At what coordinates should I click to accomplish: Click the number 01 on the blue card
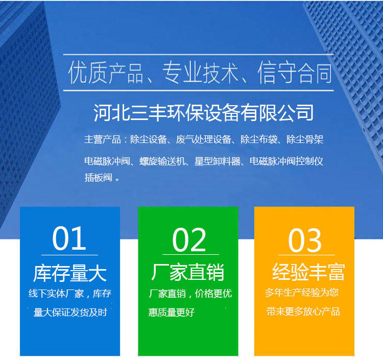69,238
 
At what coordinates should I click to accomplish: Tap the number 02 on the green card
189,239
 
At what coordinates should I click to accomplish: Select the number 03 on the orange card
304,241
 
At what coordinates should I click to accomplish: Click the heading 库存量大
70,273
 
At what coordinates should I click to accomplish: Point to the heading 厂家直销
187,272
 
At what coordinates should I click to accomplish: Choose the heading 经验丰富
308,272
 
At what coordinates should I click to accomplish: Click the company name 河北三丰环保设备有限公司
203,112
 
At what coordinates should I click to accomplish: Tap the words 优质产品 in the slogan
106,73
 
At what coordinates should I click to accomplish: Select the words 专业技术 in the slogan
200,73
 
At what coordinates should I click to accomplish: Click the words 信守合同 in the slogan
295,73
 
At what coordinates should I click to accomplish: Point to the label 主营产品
103,139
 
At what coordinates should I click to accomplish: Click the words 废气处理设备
204,139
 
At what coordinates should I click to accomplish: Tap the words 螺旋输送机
162,161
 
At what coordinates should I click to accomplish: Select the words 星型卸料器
218,161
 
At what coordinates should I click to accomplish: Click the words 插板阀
99,178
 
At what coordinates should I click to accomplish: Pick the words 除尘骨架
305,139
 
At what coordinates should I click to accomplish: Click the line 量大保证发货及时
70,313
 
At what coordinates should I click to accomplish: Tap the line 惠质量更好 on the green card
172,313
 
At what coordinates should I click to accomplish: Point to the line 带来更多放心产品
303,311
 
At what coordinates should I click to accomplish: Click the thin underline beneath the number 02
190,254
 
